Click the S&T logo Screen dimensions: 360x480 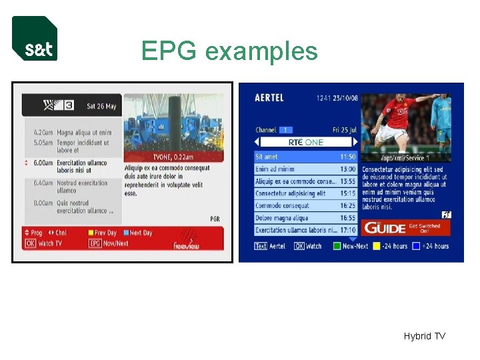coord(35,39)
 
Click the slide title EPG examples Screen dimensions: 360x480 coord(229,51)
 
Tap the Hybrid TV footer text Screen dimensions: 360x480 coord(424,336)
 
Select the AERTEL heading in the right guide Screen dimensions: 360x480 coord(269,98)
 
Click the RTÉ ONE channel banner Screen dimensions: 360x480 coord(305,142)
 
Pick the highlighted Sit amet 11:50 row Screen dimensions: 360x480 coord(305,157)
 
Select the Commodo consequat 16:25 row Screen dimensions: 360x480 coord(305,206)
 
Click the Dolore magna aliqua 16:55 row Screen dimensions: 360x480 coord(305,218)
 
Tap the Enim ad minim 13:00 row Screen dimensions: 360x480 coord(305,169)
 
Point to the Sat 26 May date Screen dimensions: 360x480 coord(101,107)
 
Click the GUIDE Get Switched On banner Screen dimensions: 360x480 coord(406,228)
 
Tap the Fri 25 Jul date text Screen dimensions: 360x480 coord(345,130)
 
